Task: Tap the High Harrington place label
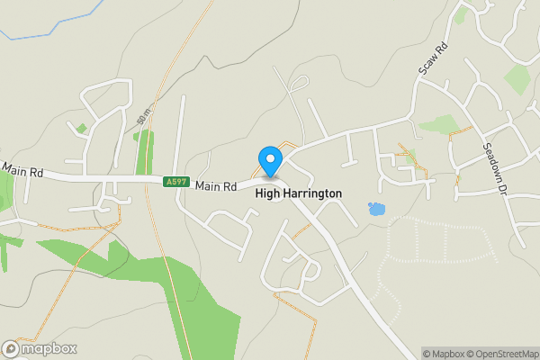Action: (298, 193)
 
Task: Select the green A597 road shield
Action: (176, 182)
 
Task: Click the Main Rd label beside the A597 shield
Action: (215, 186)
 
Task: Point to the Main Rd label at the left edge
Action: (22, 169)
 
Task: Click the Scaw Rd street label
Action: (433, 59)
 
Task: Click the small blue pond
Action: (376, 210)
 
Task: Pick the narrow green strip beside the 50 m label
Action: (142, 153)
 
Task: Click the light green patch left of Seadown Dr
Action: (438, 124)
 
